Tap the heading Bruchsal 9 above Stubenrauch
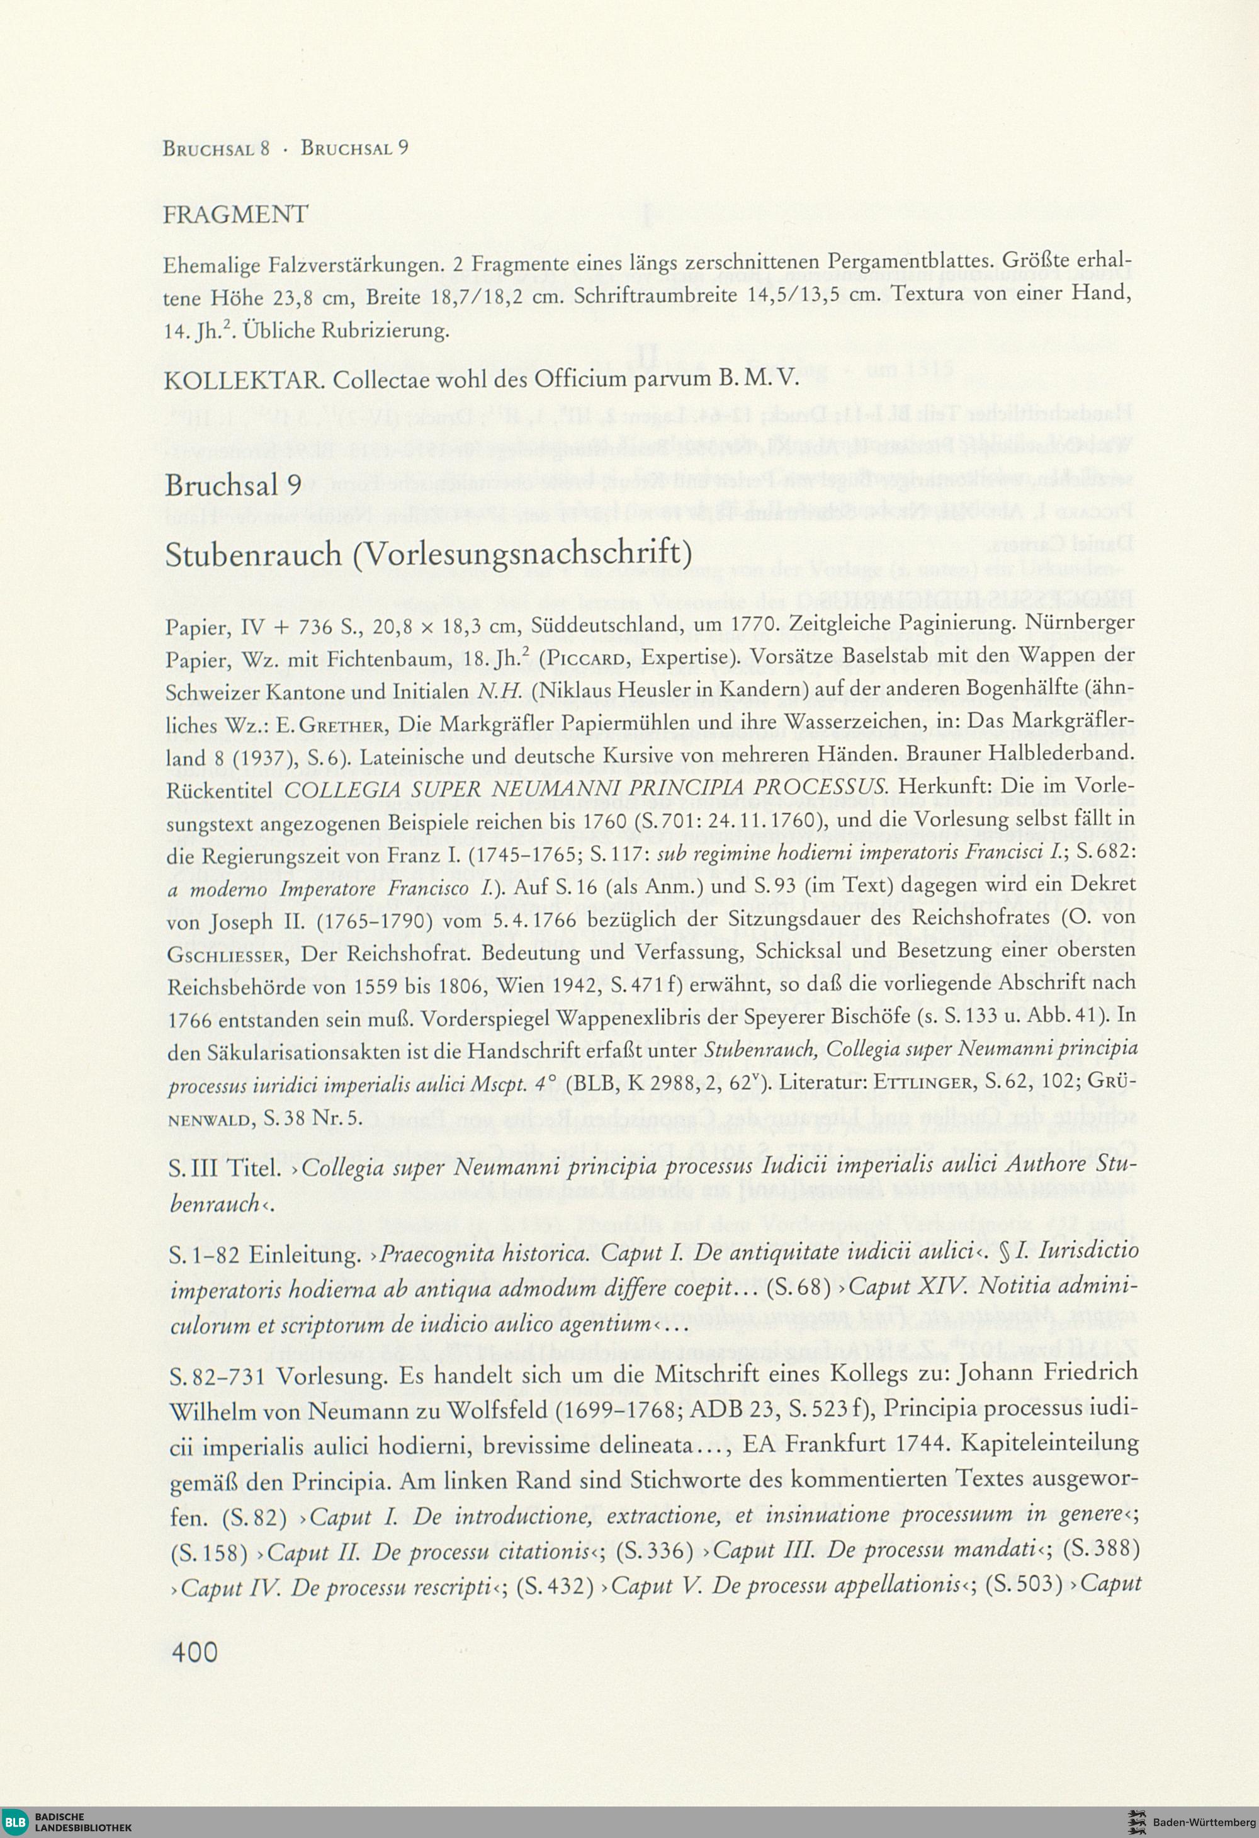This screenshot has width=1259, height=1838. pyautogui.click(x=234, y=484)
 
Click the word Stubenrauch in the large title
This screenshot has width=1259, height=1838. pyautogui.click(x=252, y=555)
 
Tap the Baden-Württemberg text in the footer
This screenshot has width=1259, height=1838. pyautogui.click(x=1204, y=1819)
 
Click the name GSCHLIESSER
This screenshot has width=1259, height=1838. pyautogui.click(x=228, y=955)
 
